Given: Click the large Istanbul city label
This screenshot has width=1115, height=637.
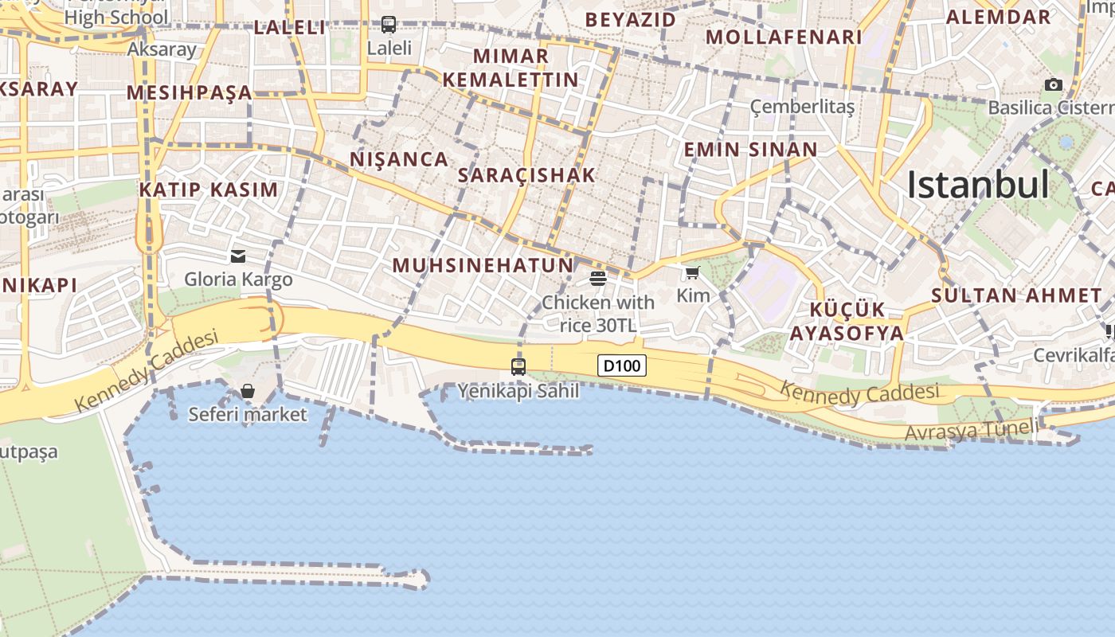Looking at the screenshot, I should tap(978, 185).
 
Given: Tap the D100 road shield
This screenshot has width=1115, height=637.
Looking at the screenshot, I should tap(621, 365).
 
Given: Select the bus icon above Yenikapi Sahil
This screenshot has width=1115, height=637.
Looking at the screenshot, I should tap(518, 367).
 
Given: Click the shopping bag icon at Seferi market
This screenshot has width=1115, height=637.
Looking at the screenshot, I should tap(248, 391).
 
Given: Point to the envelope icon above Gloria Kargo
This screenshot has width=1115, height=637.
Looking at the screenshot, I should tap(238, 256).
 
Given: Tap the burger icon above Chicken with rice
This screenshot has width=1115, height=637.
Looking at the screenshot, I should tap(598, 278).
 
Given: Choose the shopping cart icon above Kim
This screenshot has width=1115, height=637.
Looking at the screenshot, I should tap(693, 273).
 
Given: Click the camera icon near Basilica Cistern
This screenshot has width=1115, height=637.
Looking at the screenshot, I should tap(1054, 84).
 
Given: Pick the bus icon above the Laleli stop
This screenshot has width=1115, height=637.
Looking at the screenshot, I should tap(389, 25).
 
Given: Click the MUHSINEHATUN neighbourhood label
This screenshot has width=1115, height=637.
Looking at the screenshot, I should tap(483, 265).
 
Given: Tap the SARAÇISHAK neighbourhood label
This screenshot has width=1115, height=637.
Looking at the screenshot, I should tap(527, 175).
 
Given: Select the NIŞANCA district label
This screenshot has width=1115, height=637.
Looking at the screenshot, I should tap(399, 159).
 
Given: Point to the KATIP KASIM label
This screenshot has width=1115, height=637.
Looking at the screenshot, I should tap(209, 190).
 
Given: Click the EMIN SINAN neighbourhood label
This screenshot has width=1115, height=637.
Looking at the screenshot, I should tap(750, 149).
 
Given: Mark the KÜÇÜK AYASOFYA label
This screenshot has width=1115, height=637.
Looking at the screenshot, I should tap(847, 321).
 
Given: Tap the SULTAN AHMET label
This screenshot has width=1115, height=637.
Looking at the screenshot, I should tap(1016, 295).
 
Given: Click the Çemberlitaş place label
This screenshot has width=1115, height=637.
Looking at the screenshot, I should tap(802, 107).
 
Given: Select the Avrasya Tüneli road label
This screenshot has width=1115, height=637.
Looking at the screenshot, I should tap(972, 430).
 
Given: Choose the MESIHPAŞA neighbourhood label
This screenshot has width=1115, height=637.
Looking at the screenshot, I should tap(190, 92).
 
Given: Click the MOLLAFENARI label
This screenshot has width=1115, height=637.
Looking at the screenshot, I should tap(784, 37).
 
